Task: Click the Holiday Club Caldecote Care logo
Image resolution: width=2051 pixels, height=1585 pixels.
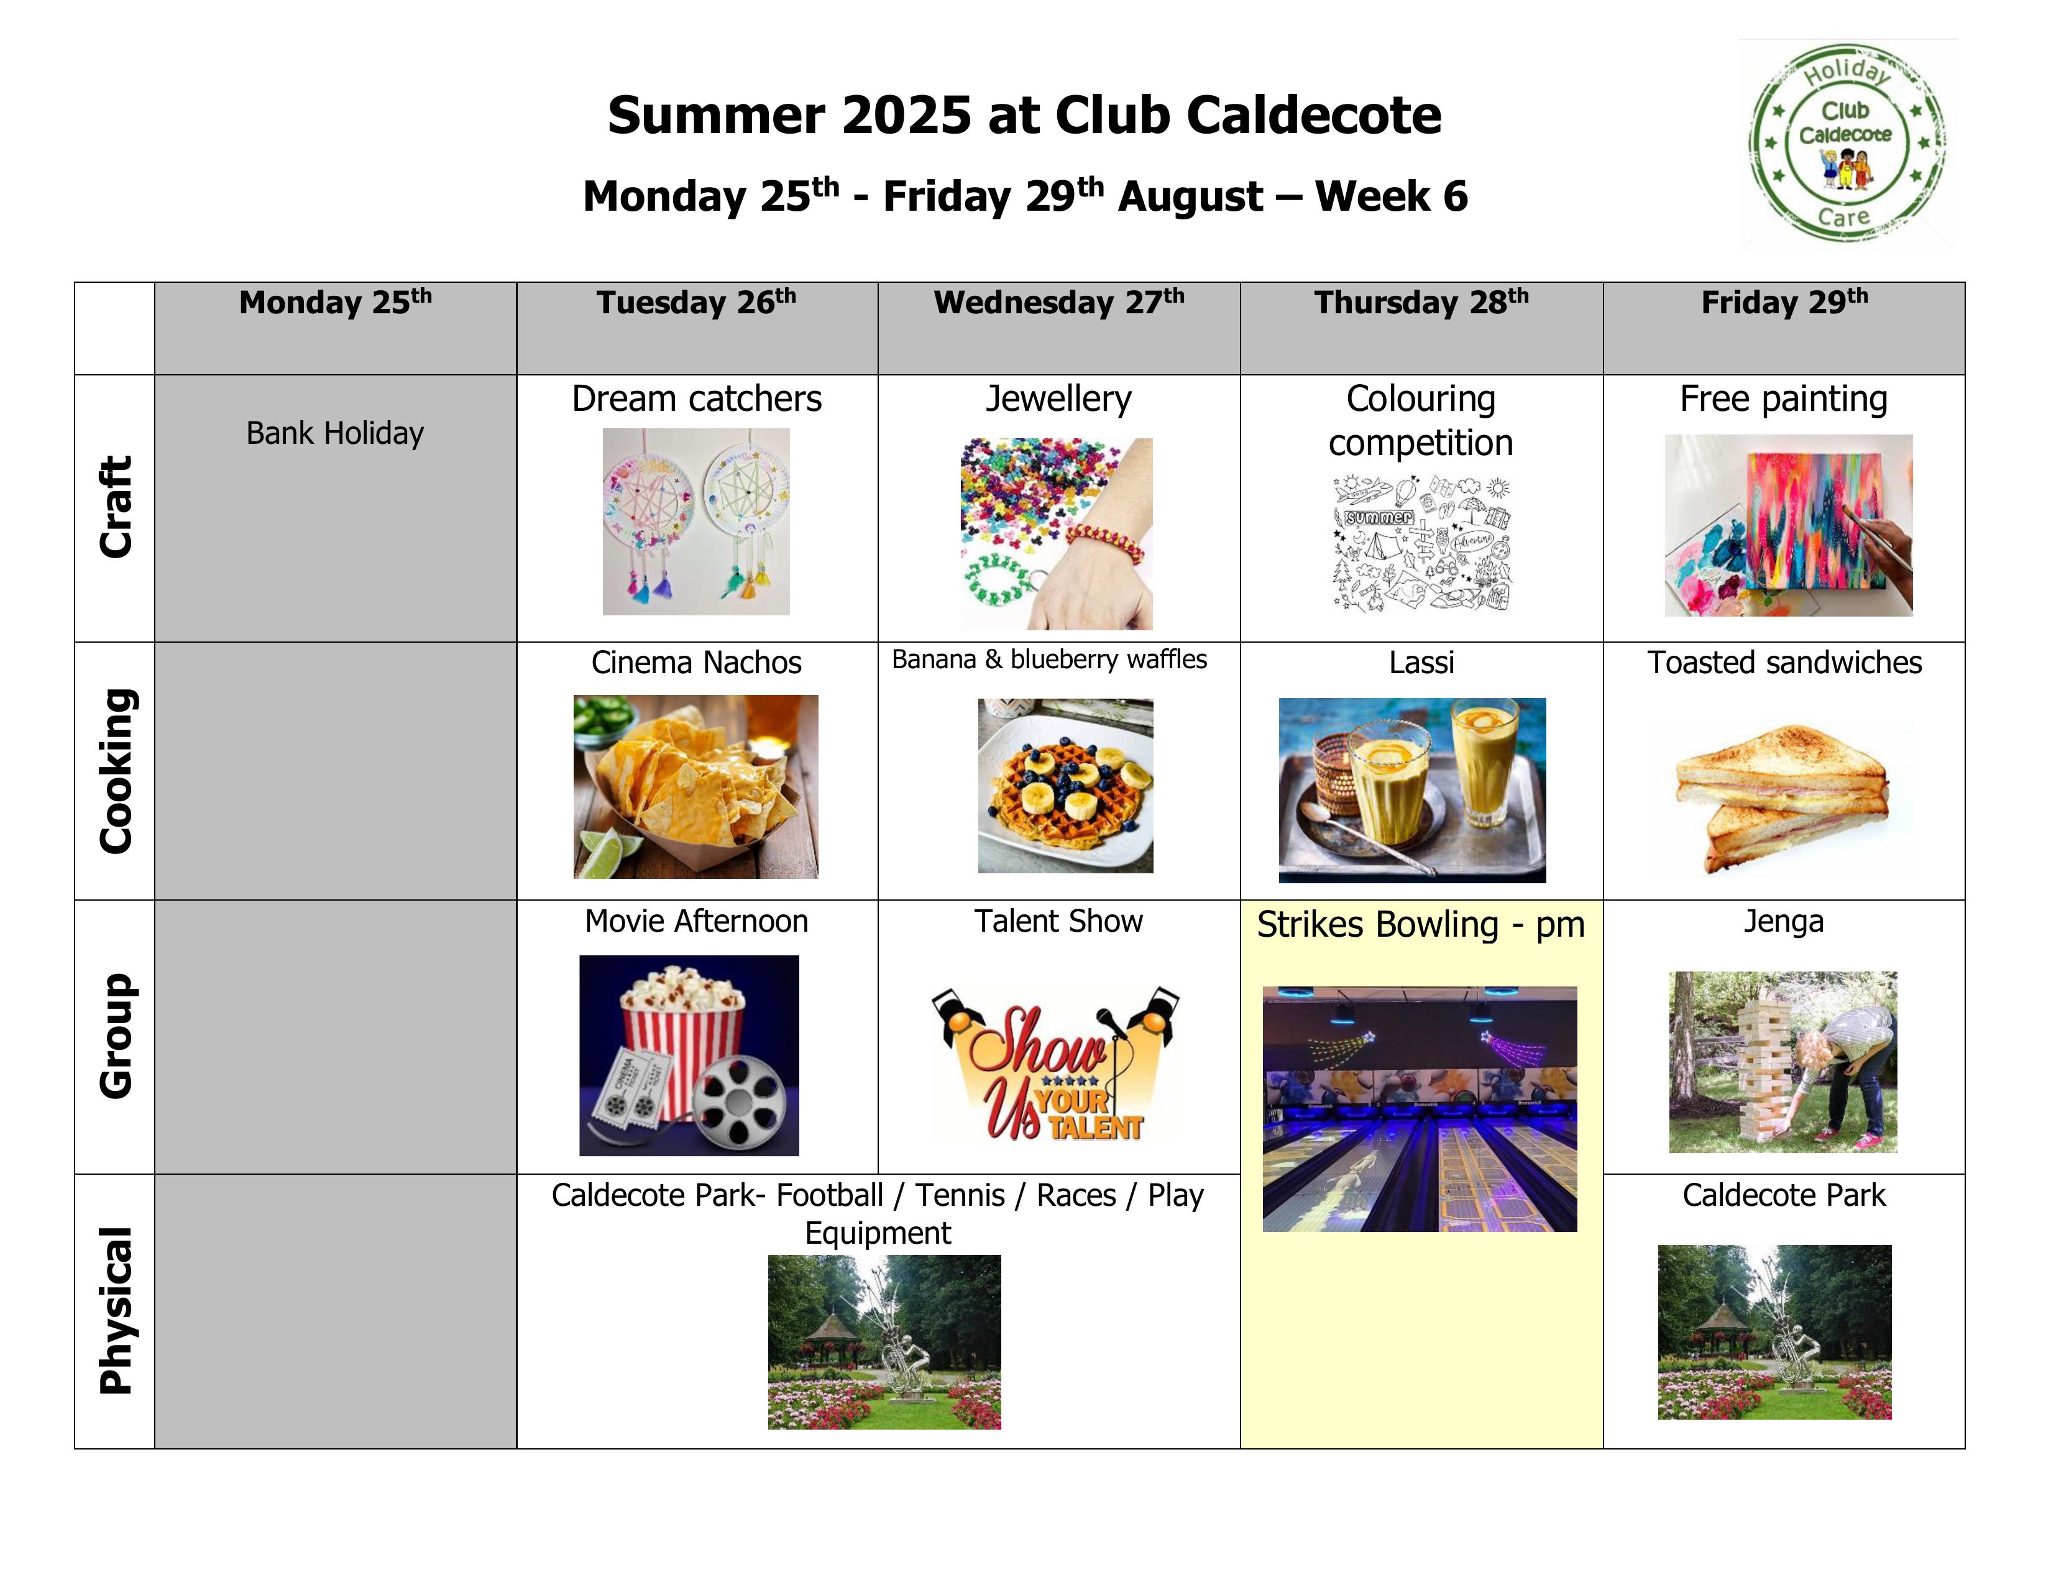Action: [x=1847, y=143]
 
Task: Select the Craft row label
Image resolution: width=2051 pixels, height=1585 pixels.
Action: [x=116, y=507]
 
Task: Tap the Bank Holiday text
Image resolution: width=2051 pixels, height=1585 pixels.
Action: [x=334, y=433]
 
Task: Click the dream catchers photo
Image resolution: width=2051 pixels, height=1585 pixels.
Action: [x=696, y=522]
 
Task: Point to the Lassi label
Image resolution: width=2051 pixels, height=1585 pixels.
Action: [x=1421, y=662]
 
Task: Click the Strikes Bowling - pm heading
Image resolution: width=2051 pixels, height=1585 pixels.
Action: [x=1420, y=925]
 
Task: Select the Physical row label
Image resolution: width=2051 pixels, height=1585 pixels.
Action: [x=116, y=1311]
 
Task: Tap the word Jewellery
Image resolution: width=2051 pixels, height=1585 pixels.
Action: [x=1058, y=399]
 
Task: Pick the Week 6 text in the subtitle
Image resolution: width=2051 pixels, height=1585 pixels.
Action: [x=1391, y=196]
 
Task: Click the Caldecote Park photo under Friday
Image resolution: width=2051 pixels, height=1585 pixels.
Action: [x=1774, y=1333]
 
